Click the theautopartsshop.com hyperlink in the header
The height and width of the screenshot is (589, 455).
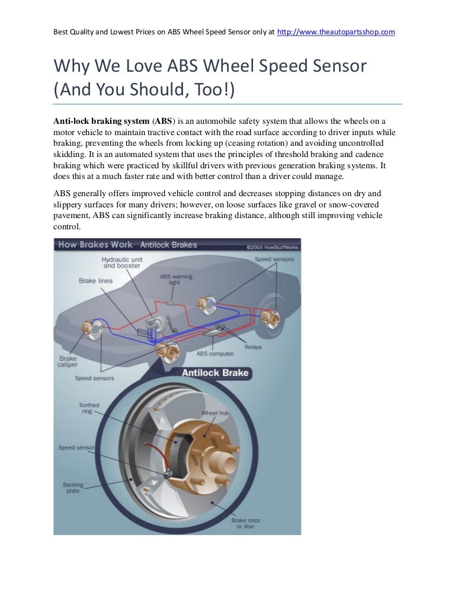coord(337,31)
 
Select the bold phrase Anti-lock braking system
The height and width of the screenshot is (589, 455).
coord(101,121)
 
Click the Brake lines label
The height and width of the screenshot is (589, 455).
coord(95,280)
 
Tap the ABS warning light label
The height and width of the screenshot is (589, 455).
coord(174,279)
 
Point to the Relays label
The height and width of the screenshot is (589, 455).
coord(252,347)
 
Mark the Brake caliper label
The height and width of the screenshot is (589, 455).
coord(68,361)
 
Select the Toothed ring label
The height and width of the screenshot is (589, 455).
coord(89,408)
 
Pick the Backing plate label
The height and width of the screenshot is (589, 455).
coord(73,487)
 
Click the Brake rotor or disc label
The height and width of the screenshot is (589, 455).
coord(245,523)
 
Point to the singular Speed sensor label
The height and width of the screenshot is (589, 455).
coord(75,447)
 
